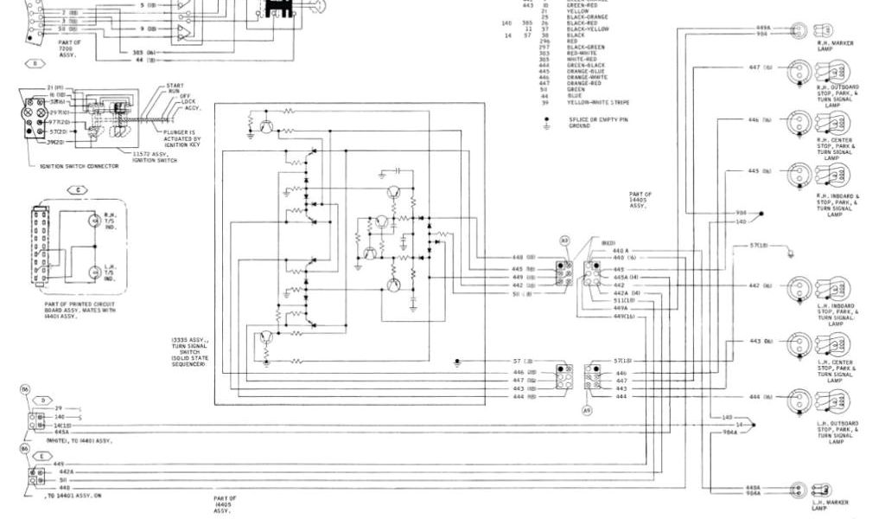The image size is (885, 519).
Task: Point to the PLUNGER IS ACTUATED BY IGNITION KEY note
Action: click(x=181, y=138)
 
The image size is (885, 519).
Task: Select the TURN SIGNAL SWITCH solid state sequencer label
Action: click(x=188, y=353)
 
